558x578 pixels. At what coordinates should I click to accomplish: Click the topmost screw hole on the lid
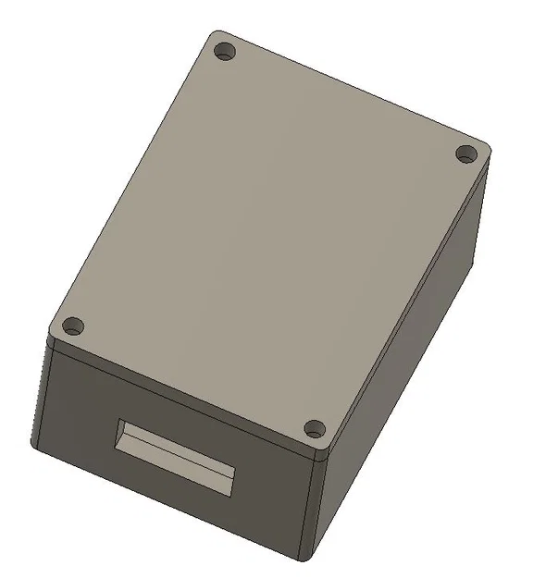point(223,52)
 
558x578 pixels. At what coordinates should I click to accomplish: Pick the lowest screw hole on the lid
point(315,429)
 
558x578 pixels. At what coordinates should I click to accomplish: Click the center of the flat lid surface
point(268,240)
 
